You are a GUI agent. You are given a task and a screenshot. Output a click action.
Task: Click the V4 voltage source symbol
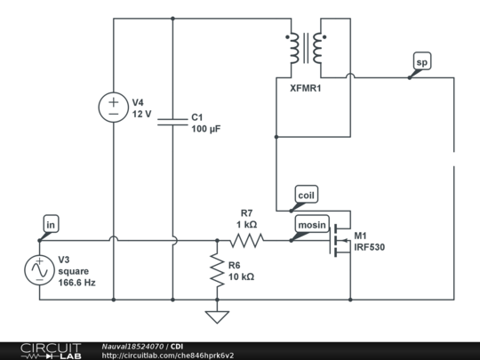coord(114,108)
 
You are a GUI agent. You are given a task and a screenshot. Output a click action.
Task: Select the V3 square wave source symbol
coord(40,270)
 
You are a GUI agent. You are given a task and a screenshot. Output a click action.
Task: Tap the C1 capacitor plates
coord(172,122)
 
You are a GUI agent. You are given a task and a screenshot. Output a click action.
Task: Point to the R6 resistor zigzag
coord(216,270)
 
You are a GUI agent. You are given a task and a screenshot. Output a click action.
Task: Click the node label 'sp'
coord(421,62)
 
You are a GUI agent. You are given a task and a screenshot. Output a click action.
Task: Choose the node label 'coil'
coord(305,195)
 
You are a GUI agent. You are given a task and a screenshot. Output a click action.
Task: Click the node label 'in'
coord(52,225)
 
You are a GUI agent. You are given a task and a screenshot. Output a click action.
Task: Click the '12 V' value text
coord(143,115)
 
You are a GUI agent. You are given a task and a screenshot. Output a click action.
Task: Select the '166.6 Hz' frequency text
coord(76,282)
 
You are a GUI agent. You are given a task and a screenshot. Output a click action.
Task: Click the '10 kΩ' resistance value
coord(241,276)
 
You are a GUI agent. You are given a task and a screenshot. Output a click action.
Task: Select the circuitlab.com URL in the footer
coord(168,356)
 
